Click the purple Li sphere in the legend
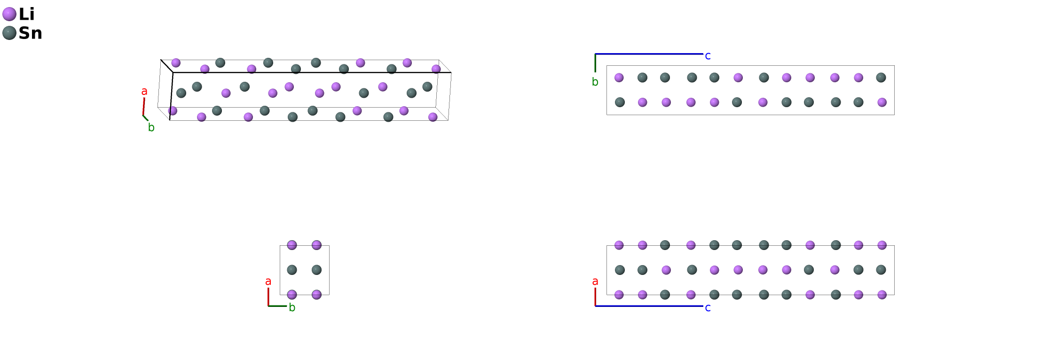point(9,14)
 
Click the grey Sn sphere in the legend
point(9,33)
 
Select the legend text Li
point(26,14)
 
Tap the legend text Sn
point(30,33)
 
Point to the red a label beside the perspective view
point(144,91)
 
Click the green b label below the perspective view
point(151,127)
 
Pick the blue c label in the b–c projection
point(708,56)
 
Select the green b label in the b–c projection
point(595,82)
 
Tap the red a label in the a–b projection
point(268,282)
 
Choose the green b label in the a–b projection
point(292,308)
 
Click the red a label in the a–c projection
point(595,282)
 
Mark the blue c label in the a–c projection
point(708,308)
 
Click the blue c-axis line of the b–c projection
point(649,54)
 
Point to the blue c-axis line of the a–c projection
point(649,306)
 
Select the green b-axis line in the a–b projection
point(277,306)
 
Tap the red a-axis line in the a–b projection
point(268,297)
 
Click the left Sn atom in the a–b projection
point(292,270)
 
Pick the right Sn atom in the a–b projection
point(316,270)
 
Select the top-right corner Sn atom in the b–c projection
point(881,78)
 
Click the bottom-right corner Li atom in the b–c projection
point(882,102)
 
